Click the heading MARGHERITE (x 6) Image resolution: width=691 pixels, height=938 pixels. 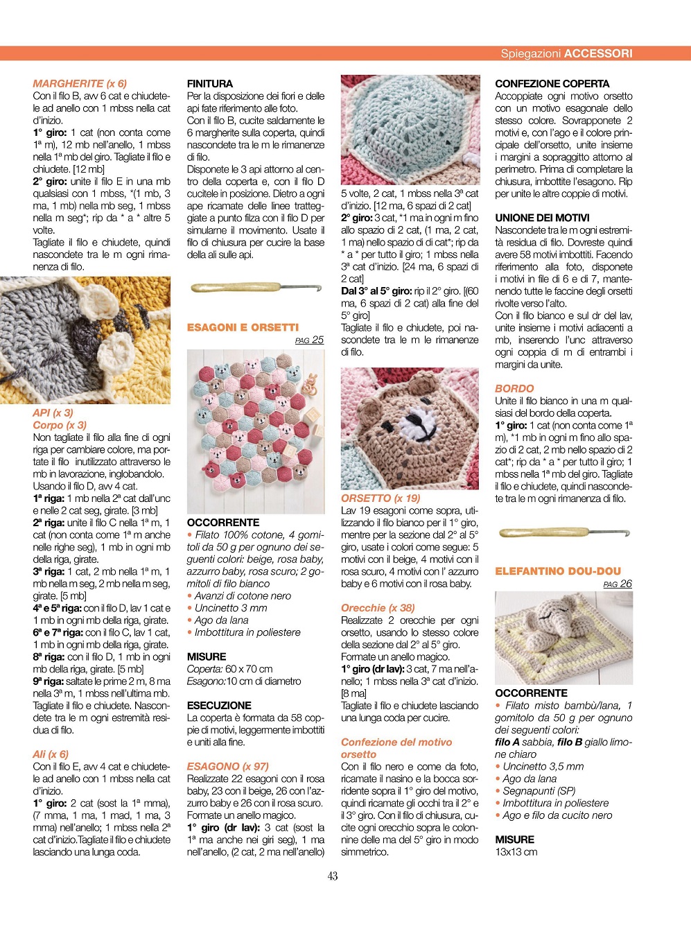click(x=80, y=83)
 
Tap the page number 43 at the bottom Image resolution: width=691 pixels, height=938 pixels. click(x=333, y=876)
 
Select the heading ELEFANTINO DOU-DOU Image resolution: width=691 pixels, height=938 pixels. click(x=558, y=571)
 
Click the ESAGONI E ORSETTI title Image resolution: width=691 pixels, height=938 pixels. click(x=243, y=327)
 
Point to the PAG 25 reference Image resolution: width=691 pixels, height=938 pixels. click(x=309, y=340)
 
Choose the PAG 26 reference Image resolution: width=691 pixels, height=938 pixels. click(x=618, y=584)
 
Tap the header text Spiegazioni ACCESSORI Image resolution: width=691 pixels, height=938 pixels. click(x=566, y=53)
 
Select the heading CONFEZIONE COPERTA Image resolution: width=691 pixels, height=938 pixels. click(x=552, y=83)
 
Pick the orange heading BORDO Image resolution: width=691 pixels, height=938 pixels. click(x=514, y=389)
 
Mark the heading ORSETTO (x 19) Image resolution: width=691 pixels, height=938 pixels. click(x=381, y=498)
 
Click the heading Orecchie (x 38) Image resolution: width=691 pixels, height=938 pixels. click(x=378, y=608)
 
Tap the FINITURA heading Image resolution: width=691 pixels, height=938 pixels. click(x=210, y=83)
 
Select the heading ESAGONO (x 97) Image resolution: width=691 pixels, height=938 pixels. click(x=227, y=767)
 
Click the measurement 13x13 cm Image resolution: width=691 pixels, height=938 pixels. click(x=516, y=852)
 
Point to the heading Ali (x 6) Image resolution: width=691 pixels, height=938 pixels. click(x=51, y=754)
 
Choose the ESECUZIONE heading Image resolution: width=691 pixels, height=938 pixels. click(x=219, y=706)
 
